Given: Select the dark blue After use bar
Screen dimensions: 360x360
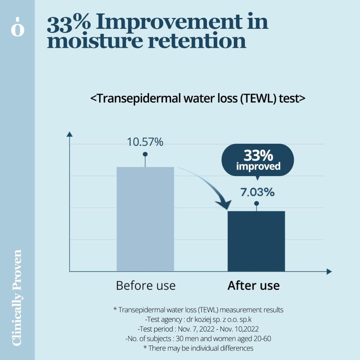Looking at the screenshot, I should [256, 241].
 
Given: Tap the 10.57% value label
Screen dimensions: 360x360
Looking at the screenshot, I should [145, 142].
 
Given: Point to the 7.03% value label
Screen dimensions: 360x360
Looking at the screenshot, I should [257, 192].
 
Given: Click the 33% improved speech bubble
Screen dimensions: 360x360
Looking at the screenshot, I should [258, 160].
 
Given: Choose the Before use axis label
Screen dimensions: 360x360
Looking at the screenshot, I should [145, 285].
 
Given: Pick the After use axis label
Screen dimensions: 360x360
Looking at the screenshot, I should [253, 285].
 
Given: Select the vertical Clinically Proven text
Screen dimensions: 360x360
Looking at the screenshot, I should [17, 297].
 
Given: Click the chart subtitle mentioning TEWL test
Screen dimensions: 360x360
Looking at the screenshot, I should [198, 99].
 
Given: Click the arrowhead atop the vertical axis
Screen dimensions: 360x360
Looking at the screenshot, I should [69, 134].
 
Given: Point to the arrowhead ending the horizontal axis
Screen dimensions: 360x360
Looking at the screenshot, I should [329, 271].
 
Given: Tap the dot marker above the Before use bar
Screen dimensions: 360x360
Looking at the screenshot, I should [145, 154].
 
